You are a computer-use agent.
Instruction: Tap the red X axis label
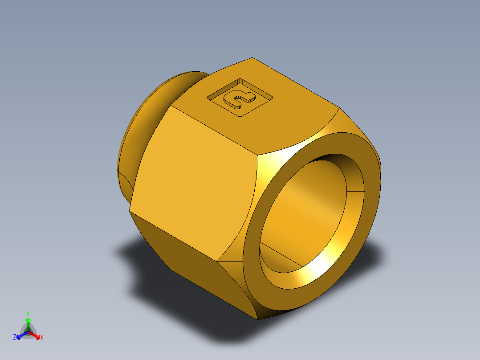click(x=42, y=338)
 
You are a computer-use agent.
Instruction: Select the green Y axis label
click(x=28, y=313)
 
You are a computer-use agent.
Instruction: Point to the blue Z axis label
click(x=15, y=338)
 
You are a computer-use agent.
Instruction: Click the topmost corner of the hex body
click(x=252, y=58)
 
